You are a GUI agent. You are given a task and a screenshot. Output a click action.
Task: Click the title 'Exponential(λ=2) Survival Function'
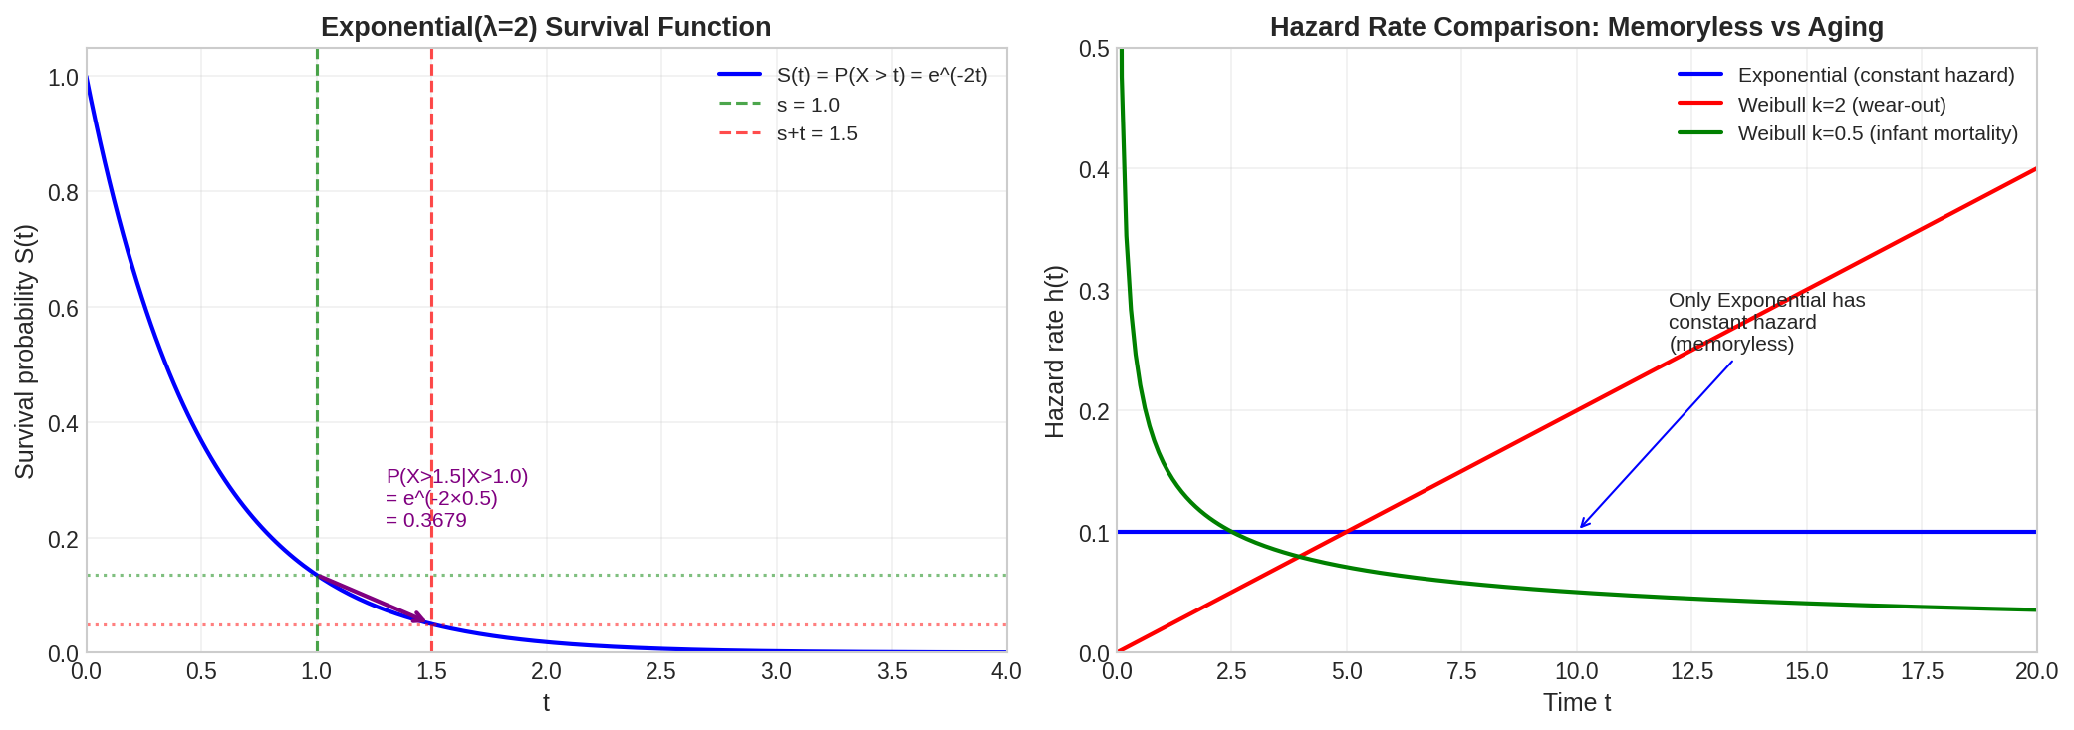tap(546, 27)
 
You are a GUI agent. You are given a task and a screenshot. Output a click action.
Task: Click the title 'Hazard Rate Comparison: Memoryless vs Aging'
tap(1576, 27)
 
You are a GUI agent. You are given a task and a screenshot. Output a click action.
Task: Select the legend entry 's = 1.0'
tap(808, 105)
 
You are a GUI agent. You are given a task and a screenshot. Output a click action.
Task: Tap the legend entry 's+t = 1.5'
tap(817, 133)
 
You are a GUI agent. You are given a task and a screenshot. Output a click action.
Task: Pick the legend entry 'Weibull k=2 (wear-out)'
tap(1842, 105)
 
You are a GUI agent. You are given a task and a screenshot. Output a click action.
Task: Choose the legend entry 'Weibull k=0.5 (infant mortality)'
tap(1878, 133)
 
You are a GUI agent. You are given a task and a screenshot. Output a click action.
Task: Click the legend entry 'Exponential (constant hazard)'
tap(1876, 75)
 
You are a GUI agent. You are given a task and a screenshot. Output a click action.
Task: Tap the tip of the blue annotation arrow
tap(1581, 528)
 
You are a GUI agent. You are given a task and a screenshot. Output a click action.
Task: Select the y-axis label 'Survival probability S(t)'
tap(25, 351)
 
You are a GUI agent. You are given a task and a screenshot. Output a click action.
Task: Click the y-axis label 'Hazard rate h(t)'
tap(1055, 351)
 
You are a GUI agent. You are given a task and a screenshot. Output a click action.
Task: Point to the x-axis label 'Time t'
tap(1576, 703)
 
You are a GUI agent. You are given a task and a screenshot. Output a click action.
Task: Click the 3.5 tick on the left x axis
tap(892, 671)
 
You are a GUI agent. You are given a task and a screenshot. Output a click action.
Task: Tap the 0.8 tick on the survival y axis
tap(63, 192)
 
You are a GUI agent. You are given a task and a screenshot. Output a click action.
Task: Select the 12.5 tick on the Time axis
tap(1691, 671)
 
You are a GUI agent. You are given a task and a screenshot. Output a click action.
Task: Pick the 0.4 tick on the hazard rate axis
tap(1093, 169)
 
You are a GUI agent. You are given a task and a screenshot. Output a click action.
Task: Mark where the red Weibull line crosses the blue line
tap(1347, 532)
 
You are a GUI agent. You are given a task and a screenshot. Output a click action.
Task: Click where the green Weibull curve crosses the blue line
tap(1232, 532)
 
